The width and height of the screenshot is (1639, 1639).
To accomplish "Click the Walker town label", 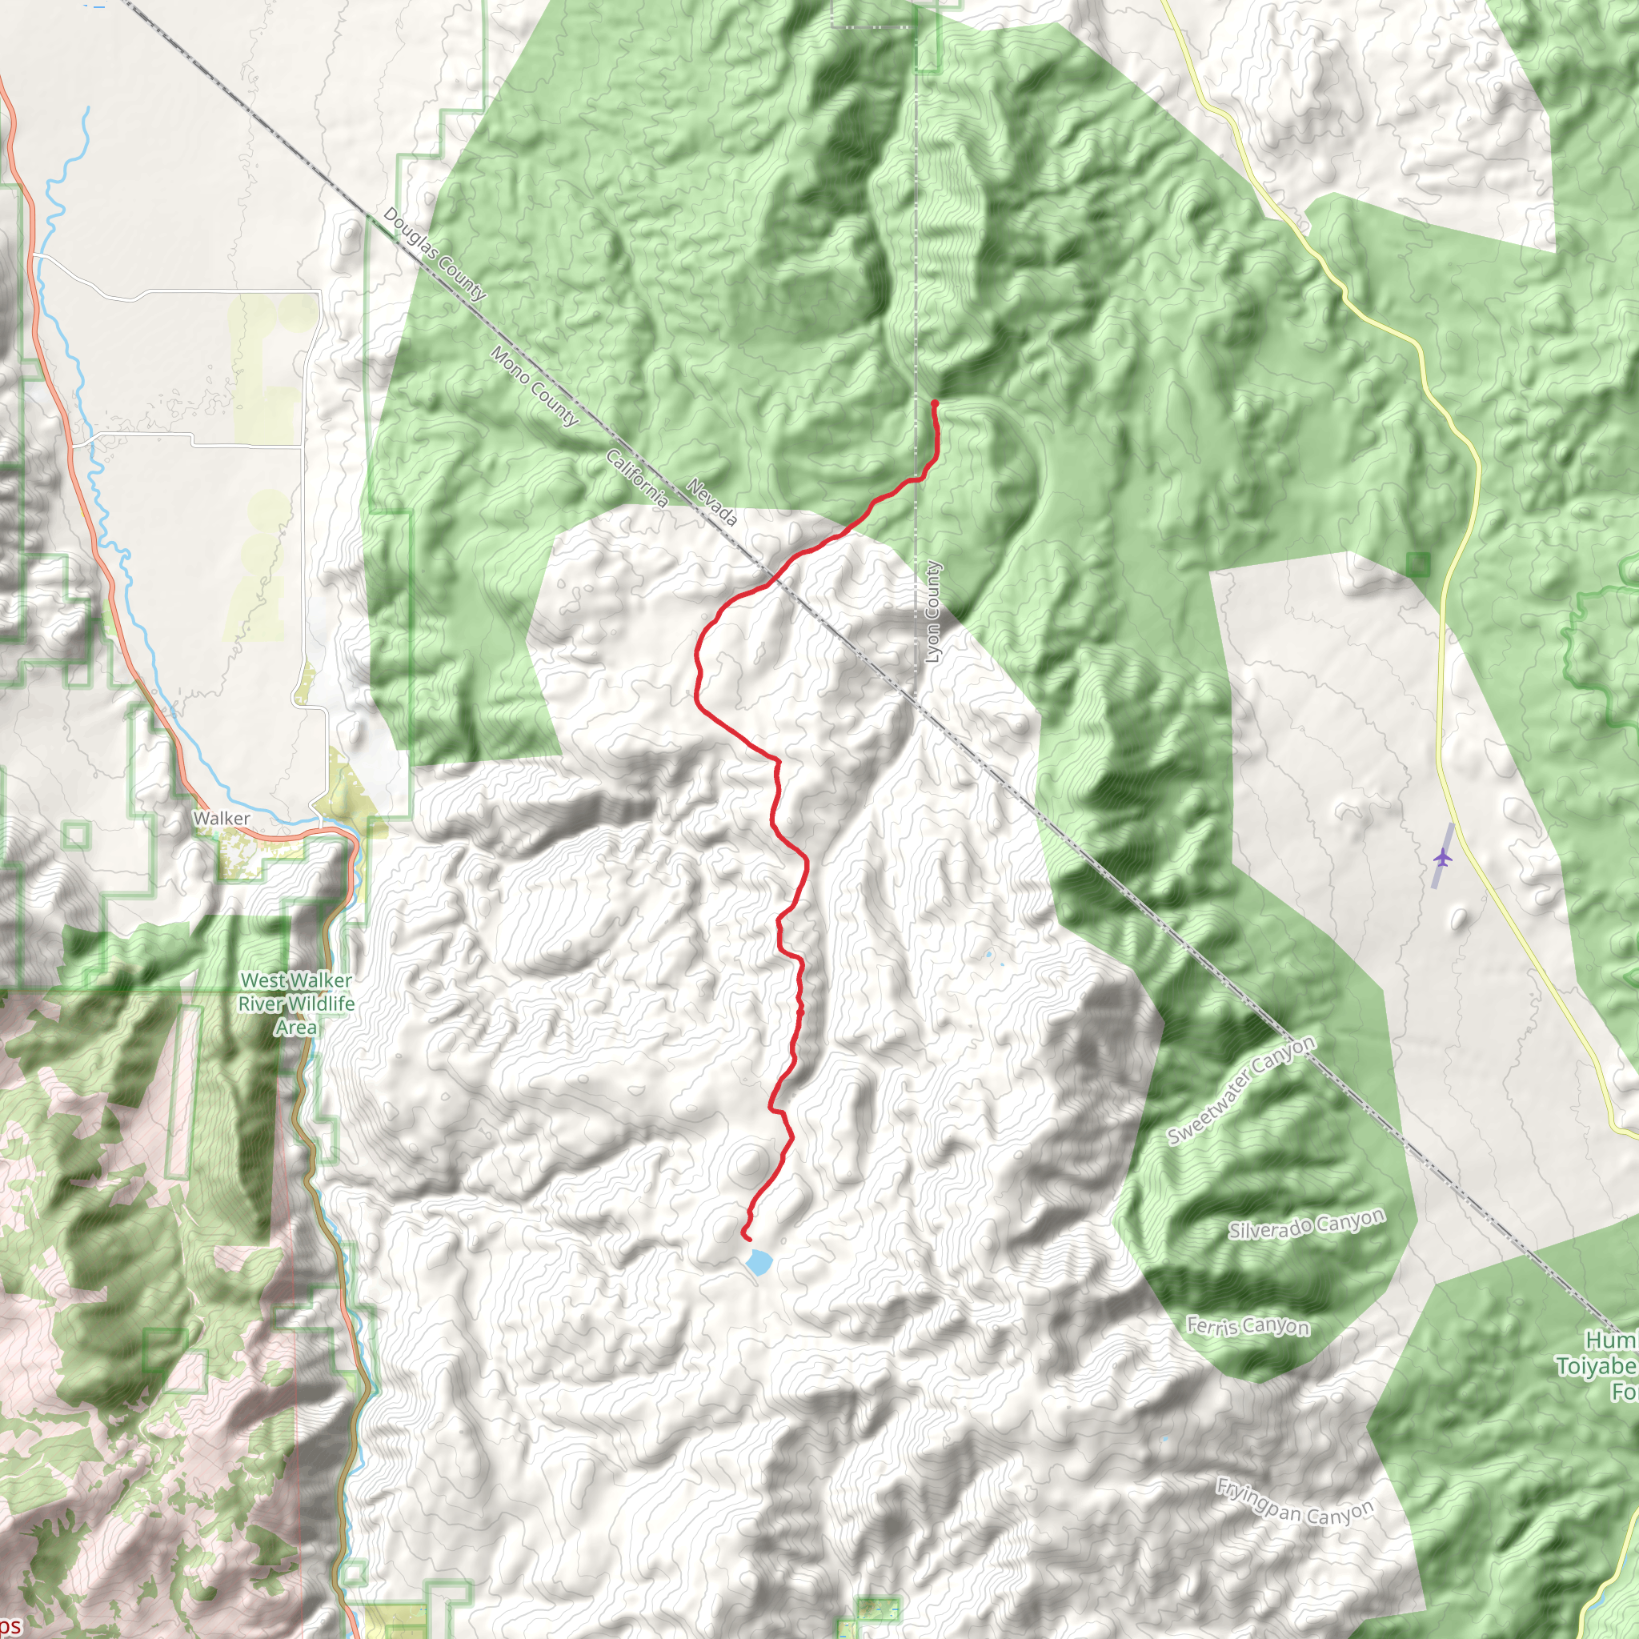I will click(222, 819).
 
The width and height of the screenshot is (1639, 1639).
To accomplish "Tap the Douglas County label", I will click(435, 254).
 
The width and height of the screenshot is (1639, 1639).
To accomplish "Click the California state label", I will click(637, 479).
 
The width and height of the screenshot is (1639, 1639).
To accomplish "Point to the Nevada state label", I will click(711, 503).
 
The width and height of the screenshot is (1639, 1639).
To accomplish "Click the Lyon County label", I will click(933, 611).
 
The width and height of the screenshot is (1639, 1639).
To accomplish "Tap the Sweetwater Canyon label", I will click(1241, 1090).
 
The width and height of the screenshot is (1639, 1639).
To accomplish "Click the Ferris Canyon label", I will click(1247, 1326).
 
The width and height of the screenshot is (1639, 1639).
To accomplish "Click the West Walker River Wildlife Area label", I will click(296, 1004).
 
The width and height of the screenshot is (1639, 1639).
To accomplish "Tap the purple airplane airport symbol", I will click(1442, 858).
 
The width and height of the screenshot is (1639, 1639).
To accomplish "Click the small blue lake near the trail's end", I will click(758, 1261).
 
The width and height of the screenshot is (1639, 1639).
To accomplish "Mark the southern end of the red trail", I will click(748, 1240).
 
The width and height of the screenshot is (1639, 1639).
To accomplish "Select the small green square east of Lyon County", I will click(1417, 564).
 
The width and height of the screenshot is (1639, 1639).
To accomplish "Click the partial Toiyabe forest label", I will click(1599, 1366).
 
